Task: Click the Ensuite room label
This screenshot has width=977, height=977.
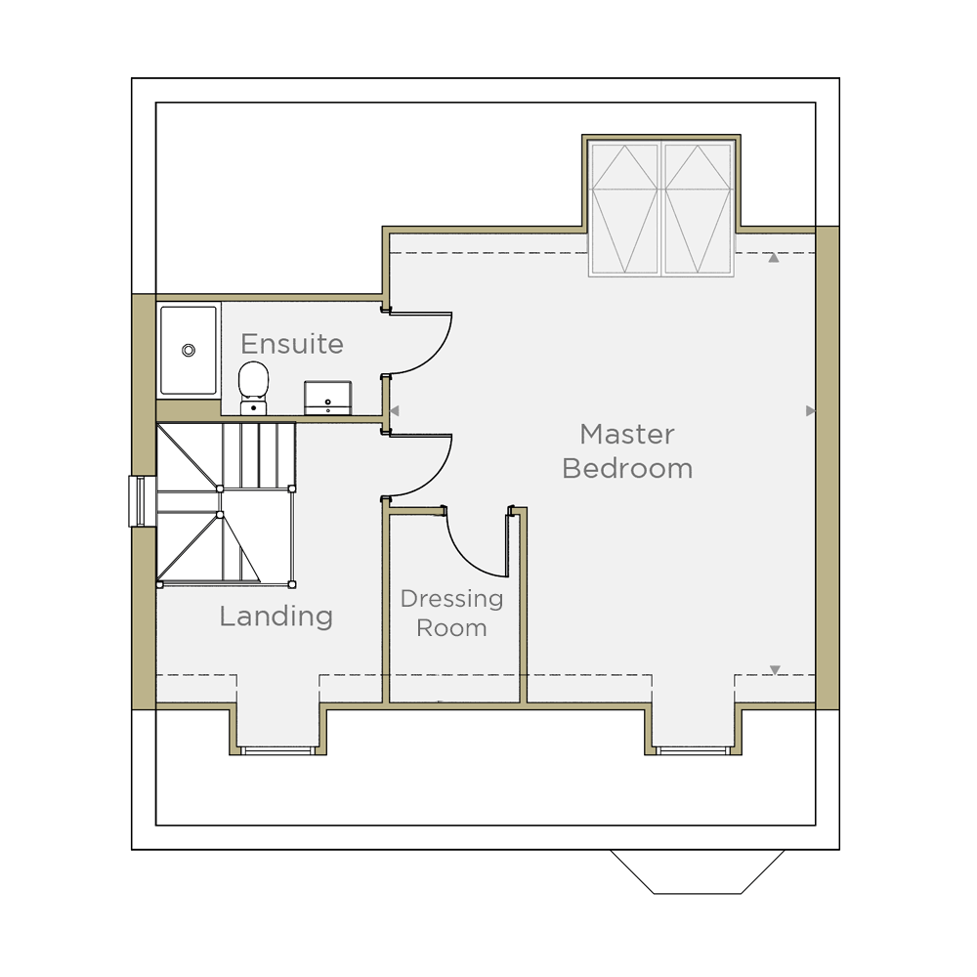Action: pos(292,344)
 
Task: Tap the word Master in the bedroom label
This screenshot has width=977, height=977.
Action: pos(627,435)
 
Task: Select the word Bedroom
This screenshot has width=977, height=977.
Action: pos(627,469)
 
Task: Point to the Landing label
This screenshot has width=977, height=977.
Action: pos(276,616)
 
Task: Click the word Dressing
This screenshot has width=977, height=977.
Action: pos(451,600)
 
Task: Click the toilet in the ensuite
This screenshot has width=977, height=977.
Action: pos(254,388)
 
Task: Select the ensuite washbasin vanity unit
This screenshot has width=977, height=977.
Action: pos(327,399)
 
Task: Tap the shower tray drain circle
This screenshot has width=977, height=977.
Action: pos(189,350)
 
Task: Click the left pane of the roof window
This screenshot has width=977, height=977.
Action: pos(625,209)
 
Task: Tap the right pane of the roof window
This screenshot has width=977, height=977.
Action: pos(698,209)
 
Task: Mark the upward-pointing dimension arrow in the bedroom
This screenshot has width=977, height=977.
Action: pos(773,257)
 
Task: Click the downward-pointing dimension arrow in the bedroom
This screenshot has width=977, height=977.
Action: pos(775,670)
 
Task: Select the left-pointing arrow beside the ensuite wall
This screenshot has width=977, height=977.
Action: pos(394,411)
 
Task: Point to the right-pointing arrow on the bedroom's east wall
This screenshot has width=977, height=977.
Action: pos(810,411)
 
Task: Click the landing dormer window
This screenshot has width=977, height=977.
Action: pos(277,750)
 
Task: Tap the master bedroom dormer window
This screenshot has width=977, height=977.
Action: pos(693,750)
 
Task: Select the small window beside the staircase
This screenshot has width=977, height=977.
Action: pos(137,501)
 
